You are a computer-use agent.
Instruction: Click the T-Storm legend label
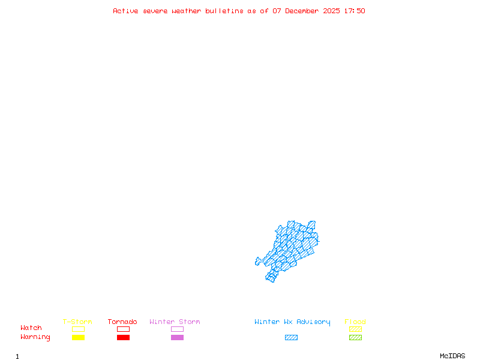(x=77, y=322)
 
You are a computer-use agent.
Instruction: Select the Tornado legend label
(x=122, y=322)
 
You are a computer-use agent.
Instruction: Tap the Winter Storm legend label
(x=175, y=322)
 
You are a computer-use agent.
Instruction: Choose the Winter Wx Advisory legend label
(x=292, y=322)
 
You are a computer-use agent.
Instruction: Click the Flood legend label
(x=355, y=322)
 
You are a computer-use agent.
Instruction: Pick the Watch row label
(x=31, y=328)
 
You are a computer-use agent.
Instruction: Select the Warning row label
(x=35, y=337)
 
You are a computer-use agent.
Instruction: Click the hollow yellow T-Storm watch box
(x=78, y=329)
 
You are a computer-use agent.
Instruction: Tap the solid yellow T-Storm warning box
(x=78, y=337)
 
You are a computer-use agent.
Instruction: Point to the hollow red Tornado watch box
(x=123, y=329)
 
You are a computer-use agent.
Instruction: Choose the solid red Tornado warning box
(x=123, y=337)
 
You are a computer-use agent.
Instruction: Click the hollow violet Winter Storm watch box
(x=177, y=329)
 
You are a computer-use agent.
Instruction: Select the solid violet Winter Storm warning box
(x=177, y=337)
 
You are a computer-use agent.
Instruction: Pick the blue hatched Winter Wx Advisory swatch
(x=291, y=337)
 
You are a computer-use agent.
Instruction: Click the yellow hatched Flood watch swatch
(x=355, y=329)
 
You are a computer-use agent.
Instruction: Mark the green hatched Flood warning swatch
(x=355, y=337)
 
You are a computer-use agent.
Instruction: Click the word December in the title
(x=305, y=11)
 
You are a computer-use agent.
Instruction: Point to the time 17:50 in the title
(x=355, y=11)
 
